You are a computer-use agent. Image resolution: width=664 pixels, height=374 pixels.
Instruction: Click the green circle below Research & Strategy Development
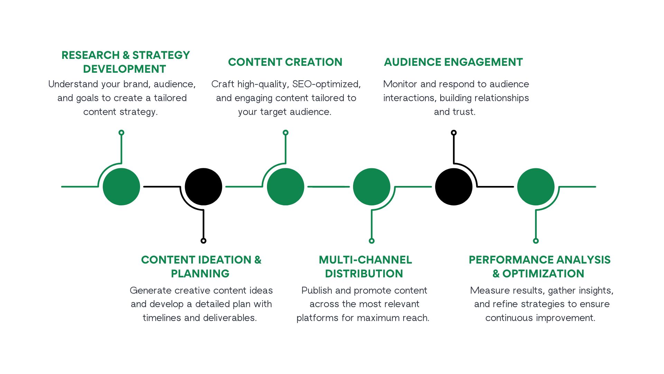coord(121,187)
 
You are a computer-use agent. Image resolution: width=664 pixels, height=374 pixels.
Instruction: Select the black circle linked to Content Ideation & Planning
coord(203,187)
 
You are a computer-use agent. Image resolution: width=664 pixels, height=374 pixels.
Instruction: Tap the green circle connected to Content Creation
coord(286,187)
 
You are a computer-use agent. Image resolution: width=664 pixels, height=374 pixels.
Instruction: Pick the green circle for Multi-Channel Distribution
coord(372,187)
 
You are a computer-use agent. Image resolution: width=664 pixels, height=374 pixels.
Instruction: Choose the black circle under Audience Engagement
coord(454,187)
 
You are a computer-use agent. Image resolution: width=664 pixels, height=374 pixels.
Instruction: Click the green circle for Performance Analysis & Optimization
coord(536,187)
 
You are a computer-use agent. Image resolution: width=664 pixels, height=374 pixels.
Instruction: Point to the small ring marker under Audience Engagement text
coord(454,133)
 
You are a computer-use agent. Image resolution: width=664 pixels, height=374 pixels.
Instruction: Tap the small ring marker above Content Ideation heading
coord(203,241)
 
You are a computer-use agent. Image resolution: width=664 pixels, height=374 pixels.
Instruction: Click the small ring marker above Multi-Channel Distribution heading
coord(372,241)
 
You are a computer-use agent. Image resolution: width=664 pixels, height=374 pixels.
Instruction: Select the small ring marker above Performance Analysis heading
coord(536,241)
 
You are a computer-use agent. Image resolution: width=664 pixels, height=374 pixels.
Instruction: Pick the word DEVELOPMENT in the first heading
coord(124,69)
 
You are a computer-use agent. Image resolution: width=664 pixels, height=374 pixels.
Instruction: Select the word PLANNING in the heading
coord(200,274)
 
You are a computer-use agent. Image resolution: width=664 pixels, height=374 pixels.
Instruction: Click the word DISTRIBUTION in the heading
coord(364,274)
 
